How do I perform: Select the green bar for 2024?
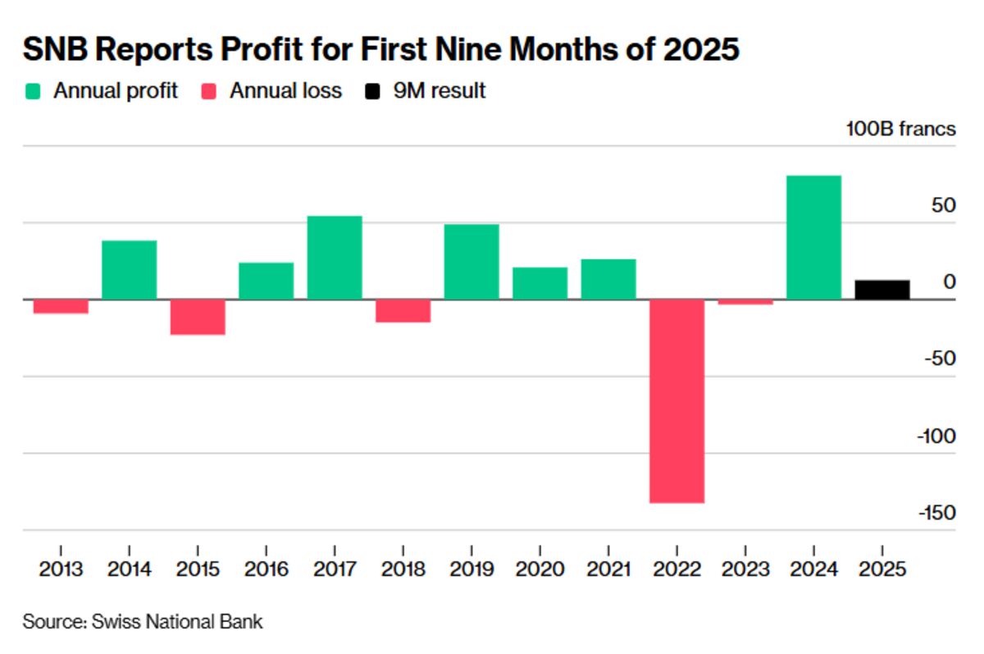[813, 237]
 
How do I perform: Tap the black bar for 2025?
[881, 290]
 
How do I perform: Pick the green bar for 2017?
[335, 258]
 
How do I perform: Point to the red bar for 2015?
[198, 317]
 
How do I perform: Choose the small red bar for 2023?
[745, 302]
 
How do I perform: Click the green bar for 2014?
[130, 270]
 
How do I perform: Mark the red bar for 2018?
[403, 311]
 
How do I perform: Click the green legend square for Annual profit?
[32, 91]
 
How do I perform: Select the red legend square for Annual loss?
[208, 91]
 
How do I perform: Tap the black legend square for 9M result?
[372, 91]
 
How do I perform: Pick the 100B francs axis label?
[900, 129]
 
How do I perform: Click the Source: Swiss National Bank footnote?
[143, 621]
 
